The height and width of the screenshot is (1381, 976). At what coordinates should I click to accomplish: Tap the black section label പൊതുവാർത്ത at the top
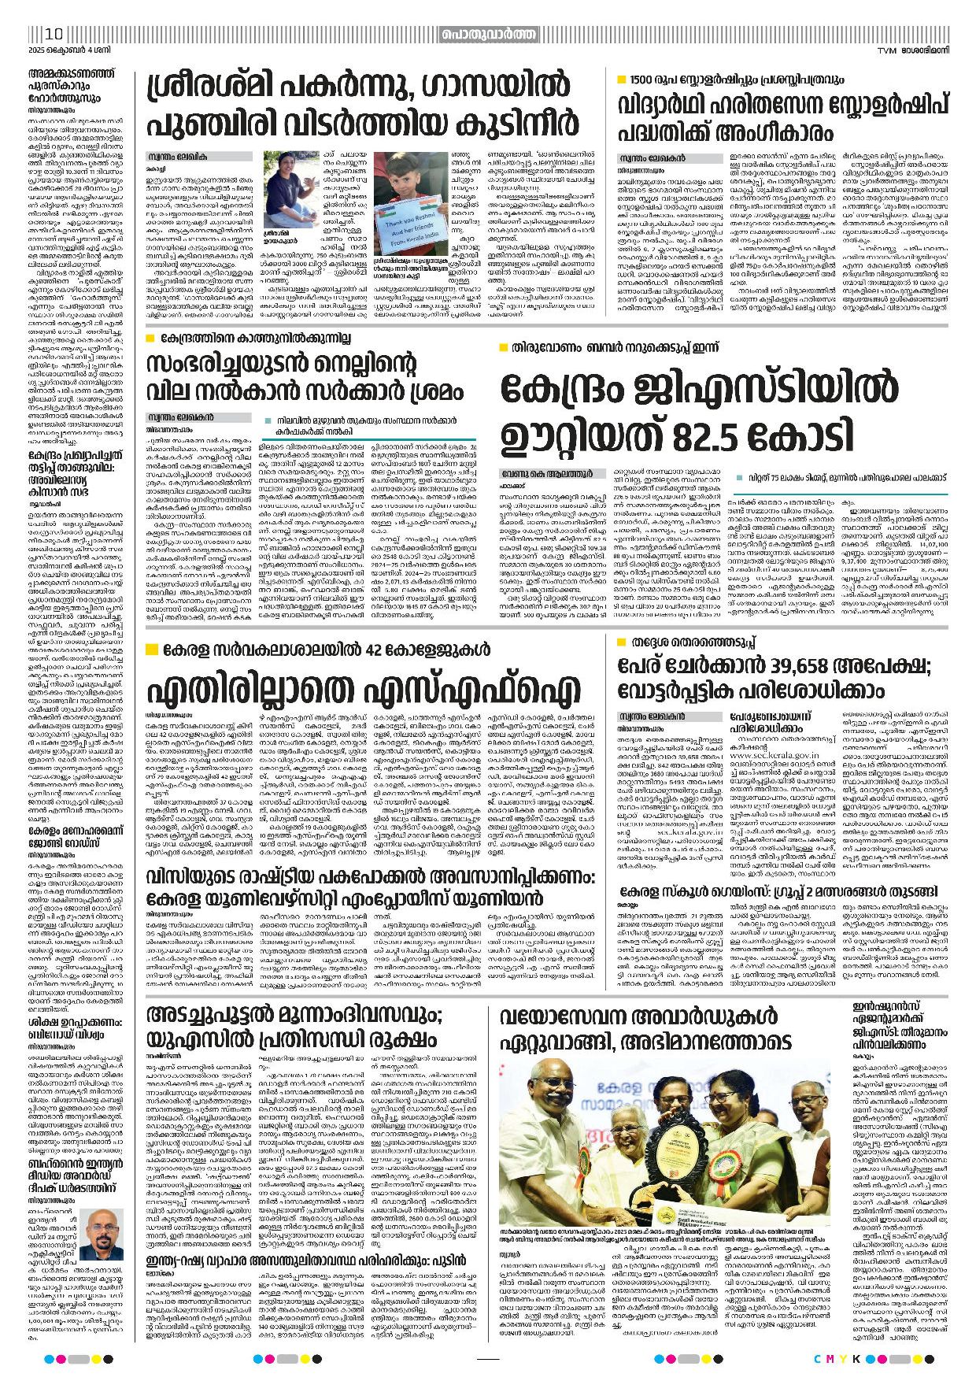pos(488,34)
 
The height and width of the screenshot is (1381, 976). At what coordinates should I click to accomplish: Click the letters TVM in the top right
pos(889,51)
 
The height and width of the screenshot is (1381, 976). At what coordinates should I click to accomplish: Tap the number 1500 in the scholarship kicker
pos(641,80)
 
